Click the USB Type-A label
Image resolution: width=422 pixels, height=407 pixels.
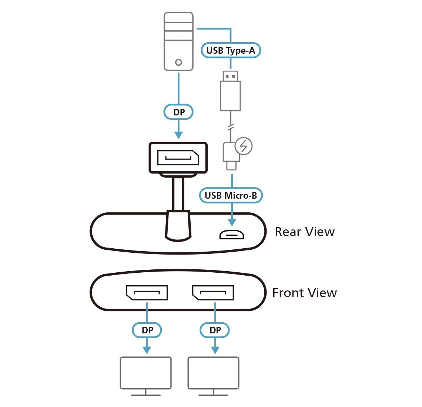click(231, 50)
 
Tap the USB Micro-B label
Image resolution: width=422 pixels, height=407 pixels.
click(231, 195)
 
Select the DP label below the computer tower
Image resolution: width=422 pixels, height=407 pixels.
click(178, 112)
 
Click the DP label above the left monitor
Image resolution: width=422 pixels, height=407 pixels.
click(147, 330)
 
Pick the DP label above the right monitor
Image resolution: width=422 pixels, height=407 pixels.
click(215, 330)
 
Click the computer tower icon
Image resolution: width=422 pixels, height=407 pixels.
click(178, 41)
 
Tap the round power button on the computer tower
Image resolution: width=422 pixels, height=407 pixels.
click(178, 62)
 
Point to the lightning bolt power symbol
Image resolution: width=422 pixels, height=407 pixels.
click(244, 146)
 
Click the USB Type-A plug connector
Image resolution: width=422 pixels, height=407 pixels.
click(230, 91)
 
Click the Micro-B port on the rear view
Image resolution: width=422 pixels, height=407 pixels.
click(232, 235)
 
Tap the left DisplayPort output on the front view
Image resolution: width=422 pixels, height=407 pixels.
click(147, 293)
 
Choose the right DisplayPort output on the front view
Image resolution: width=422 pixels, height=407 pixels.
click(213, 293)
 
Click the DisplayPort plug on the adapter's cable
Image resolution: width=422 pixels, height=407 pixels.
click(178, 158)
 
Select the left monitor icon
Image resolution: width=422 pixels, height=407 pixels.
click(145, 374)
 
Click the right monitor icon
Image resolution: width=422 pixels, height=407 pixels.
click(213, 374)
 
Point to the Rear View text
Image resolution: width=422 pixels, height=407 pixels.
click(304, 232)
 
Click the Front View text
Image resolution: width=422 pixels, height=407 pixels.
click(304, 293)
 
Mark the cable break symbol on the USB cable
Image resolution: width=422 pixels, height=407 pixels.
click(230, 127)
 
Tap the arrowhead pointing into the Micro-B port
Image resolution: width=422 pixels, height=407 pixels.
click(232, 222)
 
